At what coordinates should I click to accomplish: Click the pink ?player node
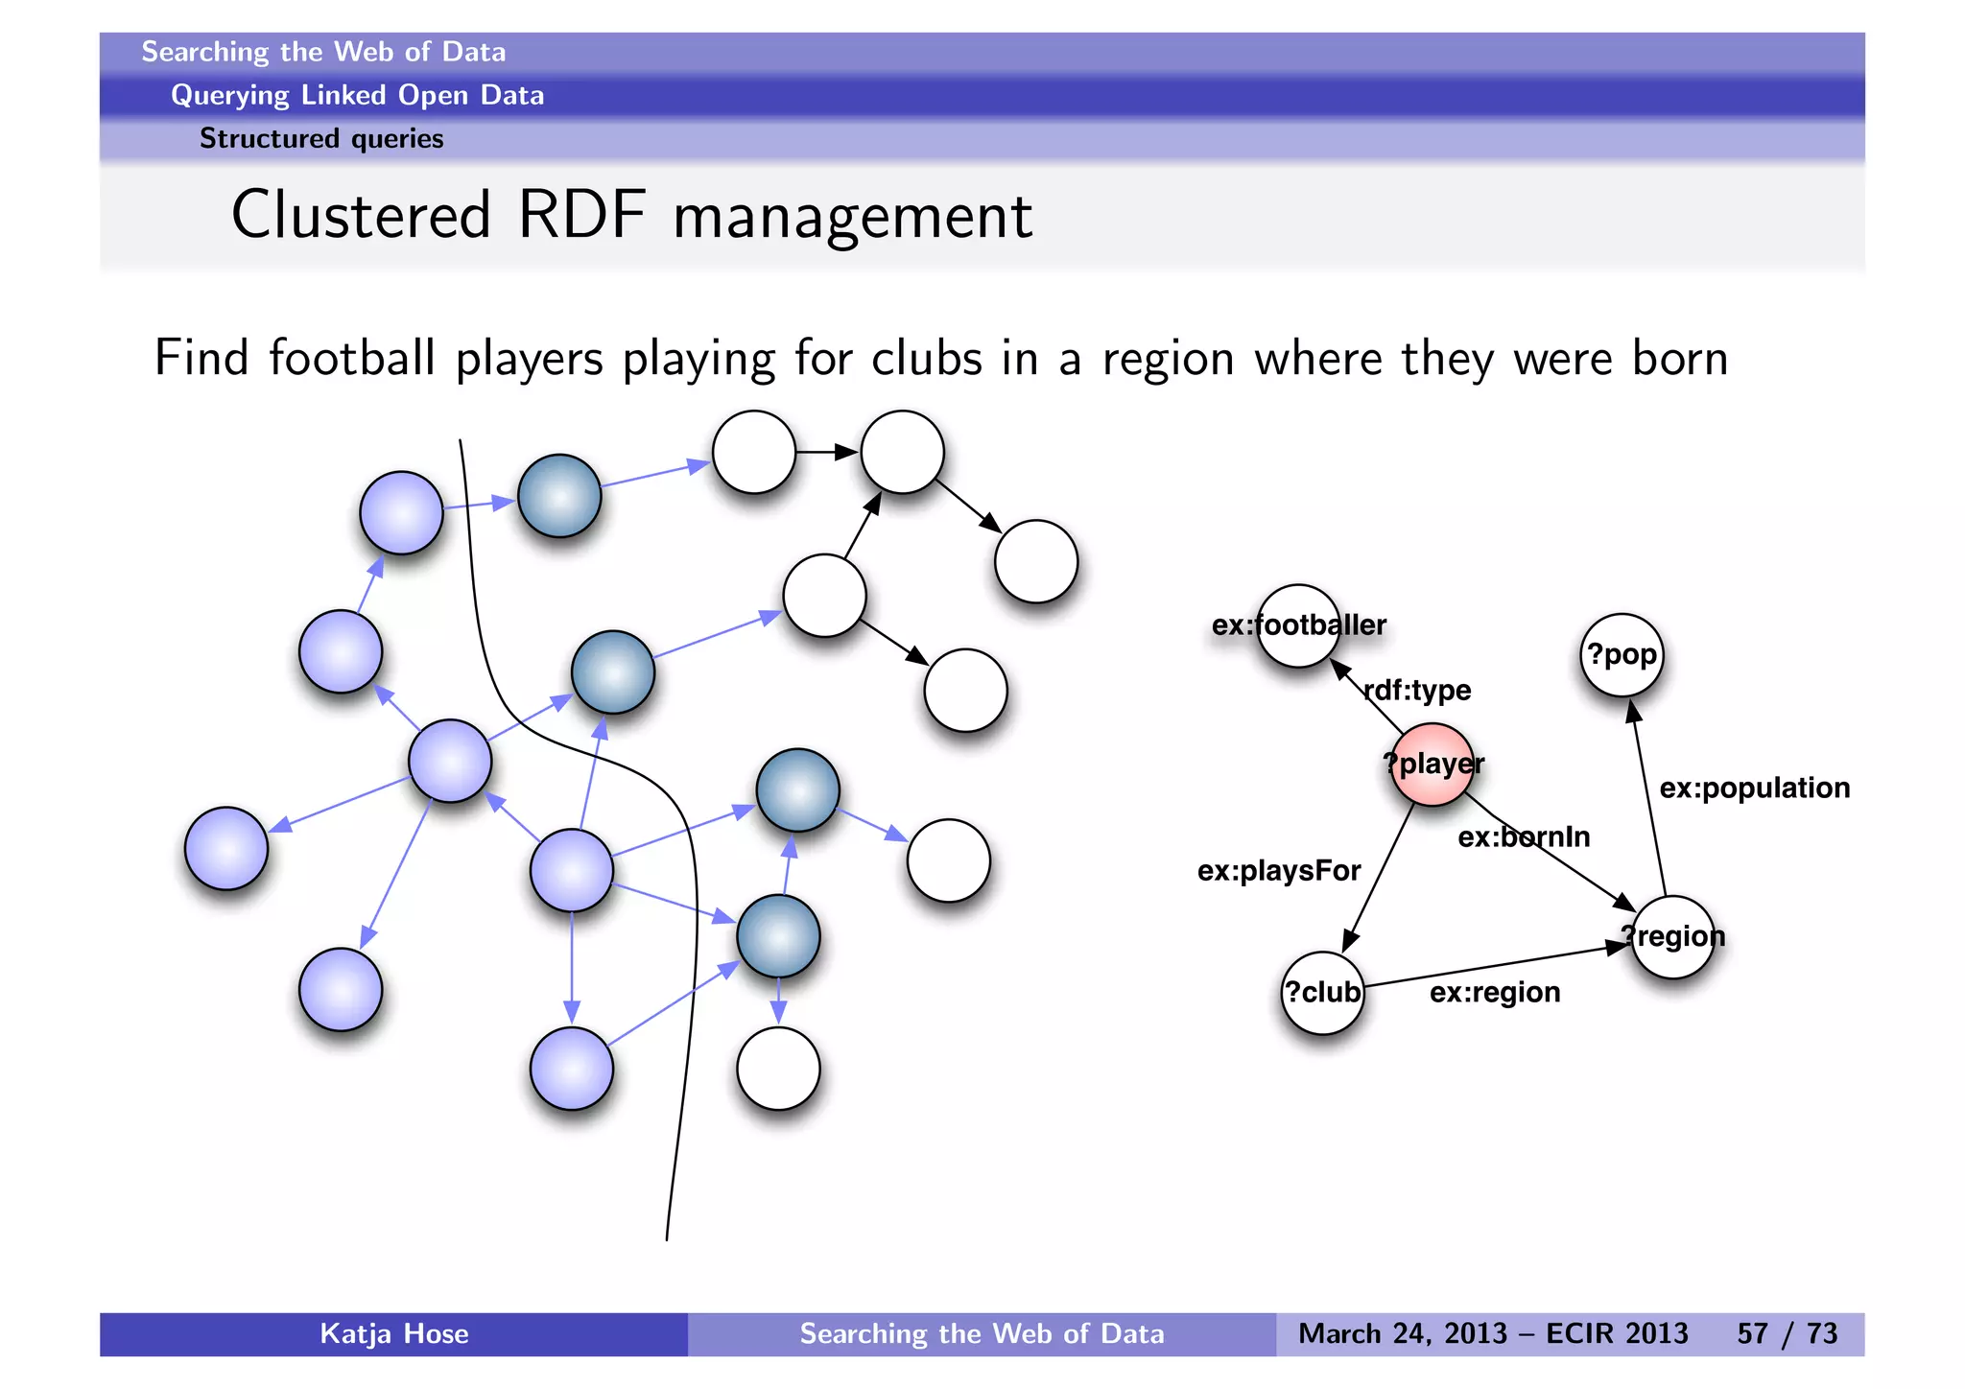click(x=1432, y=765)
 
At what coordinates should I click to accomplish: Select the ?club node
click(x=1322, y=993)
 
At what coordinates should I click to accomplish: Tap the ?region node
click(x=1672, y=936)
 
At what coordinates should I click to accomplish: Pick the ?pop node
click(x=1622, y=655)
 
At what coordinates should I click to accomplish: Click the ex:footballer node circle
click(x=1298, y=625)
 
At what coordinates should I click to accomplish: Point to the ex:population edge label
click(x=1754, y=788)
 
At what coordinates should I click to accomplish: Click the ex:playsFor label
click(x=1278, y=871)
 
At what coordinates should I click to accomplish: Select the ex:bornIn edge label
click(x=1524, y=837)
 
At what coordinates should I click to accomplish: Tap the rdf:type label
click(x=1417, y=690)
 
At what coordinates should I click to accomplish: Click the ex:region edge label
click(x=1494, y=992)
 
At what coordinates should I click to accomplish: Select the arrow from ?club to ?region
click(x=1497, y=966)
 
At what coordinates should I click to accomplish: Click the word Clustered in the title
click(x=361, y=215)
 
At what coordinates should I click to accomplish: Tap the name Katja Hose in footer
click(x=393, y=1333)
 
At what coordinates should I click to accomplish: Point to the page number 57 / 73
click(x=1787, y=1333)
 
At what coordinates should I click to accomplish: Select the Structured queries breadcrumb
click(x=320, y=139)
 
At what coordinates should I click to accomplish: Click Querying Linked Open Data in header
click(x=357, y=95)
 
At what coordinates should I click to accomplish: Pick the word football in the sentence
click(x=352, y=359)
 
